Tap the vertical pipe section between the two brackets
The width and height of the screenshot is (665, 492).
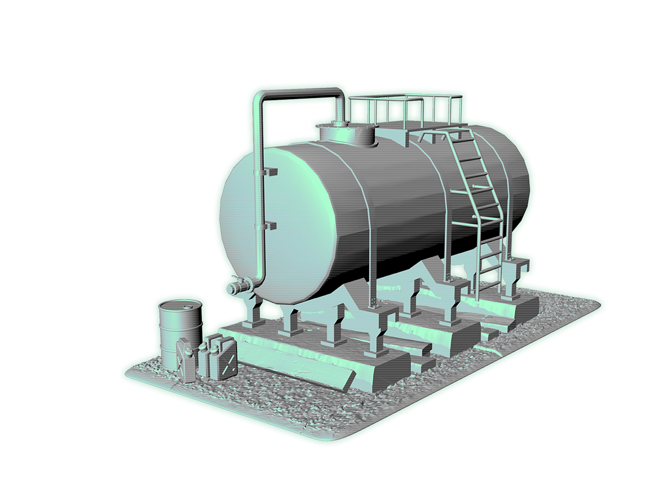259,199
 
